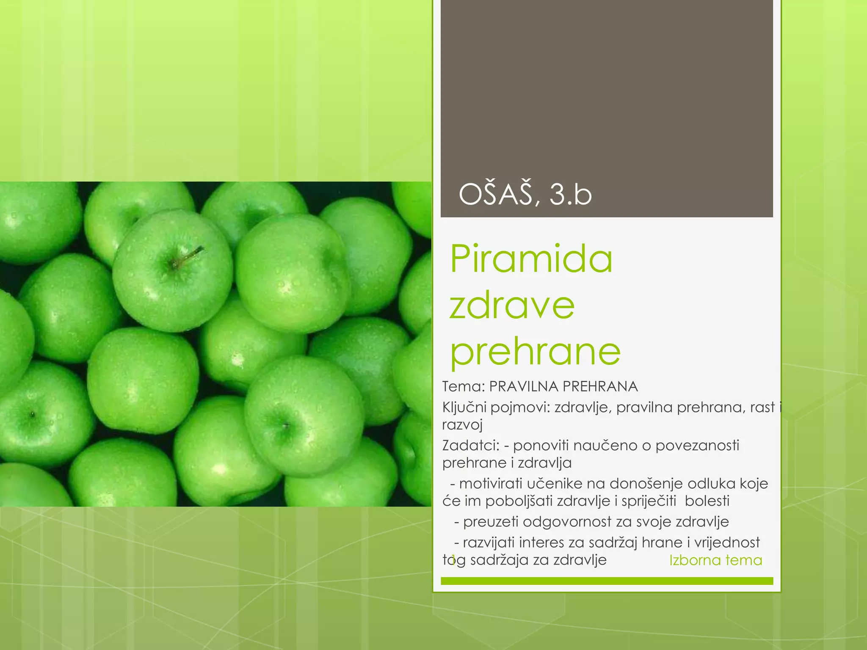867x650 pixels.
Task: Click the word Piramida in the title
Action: tap(531, 259)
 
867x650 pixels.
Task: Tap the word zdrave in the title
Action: tap(512, 305)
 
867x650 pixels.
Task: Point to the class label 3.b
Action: tap(570, 195)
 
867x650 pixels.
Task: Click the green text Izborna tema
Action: tap(715, 560)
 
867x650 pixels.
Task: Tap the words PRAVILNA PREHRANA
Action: tap(563, 386)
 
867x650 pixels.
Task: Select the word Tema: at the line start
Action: tap(463, 386)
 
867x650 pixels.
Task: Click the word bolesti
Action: tap(707, 501)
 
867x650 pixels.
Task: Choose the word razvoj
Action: tap(462, 425)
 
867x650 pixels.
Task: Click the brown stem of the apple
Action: tap(189, 256)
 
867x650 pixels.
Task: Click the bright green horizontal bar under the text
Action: tap(607, 581)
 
